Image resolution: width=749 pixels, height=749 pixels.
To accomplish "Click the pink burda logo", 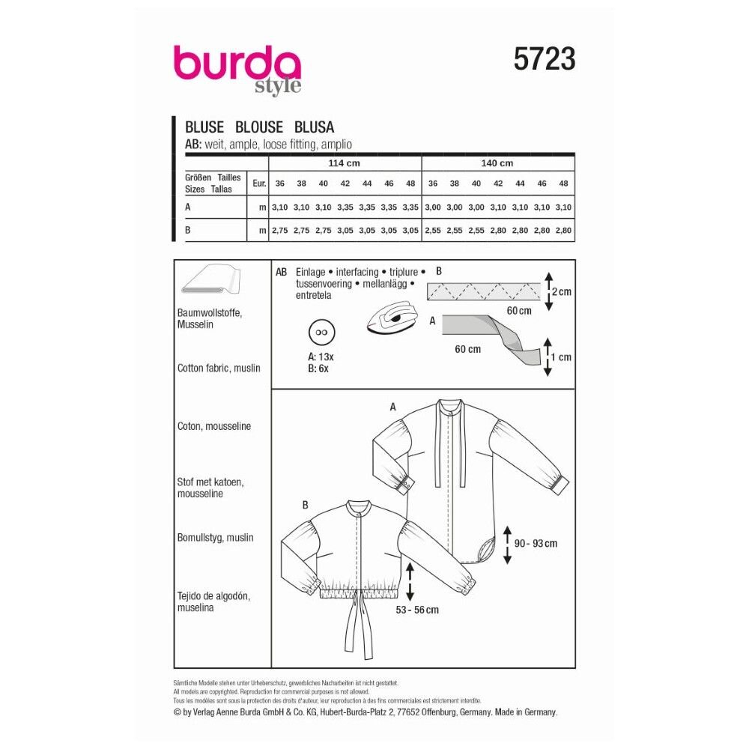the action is [237, 69].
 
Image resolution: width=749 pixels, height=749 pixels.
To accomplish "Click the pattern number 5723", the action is [544, 59].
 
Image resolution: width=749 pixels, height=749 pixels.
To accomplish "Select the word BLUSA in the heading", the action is [314, 127].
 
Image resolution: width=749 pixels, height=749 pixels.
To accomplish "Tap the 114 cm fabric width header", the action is [344, 163].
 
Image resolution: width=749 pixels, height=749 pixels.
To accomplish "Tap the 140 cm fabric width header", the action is [497, 163].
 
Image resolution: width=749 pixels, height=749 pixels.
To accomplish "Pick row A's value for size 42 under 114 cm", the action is [345, 207].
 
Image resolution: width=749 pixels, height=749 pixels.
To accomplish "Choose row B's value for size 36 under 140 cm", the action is [433, 230].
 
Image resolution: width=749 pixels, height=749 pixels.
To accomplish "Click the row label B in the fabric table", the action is [188, 230].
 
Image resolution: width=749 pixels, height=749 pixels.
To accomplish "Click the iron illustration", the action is [392, 317].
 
